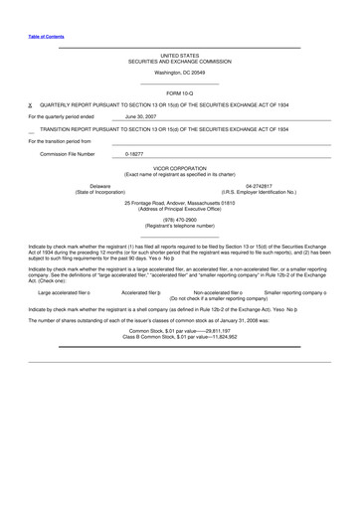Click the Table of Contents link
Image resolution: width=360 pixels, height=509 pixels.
[46, 37]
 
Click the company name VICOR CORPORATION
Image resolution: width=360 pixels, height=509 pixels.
[179, 168]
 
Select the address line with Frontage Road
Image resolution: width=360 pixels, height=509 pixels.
[179, 203]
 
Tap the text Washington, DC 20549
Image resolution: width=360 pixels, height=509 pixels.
[179, 73]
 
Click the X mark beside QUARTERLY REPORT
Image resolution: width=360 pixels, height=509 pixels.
[30, 103]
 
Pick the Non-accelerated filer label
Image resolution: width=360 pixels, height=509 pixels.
[218, 293]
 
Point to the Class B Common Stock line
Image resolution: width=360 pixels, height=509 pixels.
[179, 337]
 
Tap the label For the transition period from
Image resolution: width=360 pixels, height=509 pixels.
[65, 141]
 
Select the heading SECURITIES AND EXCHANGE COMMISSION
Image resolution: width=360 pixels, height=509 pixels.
[179, 62]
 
